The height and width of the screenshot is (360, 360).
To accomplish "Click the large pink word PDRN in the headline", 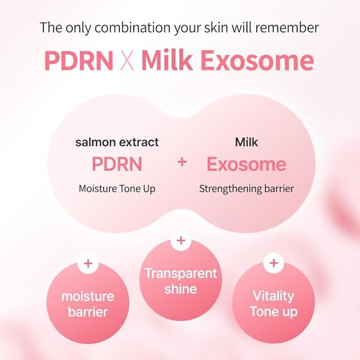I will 78,61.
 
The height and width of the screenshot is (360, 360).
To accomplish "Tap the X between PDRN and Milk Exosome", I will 127,62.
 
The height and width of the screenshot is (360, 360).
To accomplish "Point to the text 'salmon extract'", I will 117,142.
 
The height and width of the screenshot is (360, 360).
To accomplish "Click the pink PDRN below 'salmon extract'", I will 117,164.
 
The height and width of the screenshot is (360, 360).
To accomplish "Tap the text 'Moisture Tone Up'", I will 117,188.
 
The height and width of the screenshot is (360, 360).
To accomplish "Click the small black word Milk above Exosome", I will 246,142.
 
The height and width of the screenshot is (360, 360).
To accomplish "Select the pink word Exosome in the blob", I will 246,164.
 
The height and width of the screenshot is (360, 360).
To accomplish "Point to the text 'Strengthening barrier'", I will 246,188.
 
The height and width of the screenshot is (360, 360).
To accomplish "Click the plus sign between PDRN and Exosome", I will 182,162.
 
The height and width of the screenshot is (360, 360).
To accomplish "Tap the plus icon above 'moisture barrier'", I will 88,263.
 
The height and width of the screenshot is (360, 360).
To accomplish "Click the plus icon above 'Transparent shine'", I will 181,241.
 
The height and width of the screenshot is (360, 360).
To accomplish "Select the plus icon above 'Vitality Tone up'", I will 274,263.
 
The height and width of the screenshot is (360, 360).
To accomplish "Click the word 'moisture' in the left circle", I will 88,296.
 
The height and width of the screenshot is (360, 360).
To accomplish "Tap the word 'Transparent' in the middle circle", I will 181,274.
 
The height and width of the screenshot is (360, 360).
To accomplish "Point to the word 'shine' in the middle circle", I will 181,289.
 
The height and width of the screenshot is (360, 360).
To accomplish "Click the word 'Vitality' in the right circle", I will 274,295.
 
